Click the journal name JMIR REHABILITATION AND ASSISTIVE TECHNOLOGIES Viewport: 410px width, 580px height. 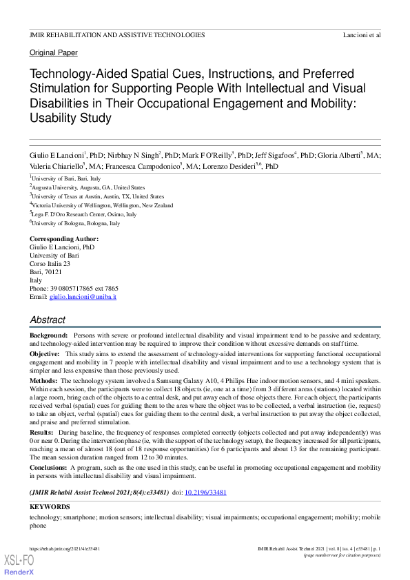(x=117, y=34)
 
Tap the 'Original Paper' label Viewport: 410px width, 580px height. (x=54, y=53)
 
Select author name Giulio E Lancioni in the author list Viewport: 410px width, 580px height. (x=57, y=156)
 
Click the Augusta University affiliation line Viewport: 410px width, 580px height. (x=88, y=187)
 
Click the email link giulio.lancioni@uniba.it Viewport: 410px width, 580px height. (x=83, y=296)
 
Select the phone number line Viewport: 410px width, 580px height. (x=74, y=288)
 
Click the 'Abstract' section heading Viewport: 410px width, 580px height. (x=48, y=320)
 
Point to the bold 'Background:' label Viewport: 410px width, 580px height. (x=48, y=335)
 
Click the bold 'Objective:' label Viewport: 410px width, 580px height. (x=45, y=353)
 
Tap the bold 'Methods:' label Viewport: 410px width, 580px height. (x=43, y=380)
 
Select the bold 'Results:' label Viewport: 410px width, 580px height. (x=43, y=431)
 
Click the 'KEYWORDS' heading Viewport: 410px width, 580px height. (x=50, y=507)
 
